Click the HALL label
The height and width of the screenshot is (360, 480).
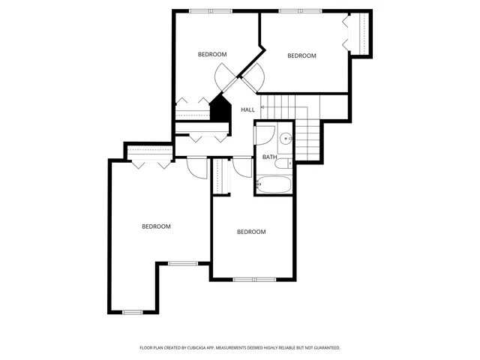tap(247, 110)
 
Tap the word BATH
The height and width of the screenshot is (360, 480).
tap(269, 157)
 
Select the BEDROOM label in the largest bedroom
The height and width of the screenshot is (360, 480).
tap(157, 226)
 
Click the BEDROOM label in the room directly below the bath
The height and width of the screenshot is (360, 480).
tap(251, 232)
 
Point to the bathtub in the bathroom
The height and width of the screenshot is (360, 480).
tap(275, 183)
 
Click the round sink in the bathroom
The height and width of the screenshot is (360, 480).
tap(286, 139)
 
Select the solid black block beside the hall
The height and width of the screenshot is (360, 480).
tap(220, 109)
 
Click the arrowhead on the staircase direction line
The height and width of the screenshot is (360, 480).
tap(262, 109)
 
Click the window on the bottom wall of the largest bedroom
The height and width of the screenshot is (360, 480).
tap(132, 312)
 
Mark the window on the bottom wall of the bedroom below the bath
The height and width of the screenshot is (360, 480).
tap(254, 280)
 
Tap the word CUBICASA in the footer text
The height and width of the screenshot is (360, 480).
tap(198, 348)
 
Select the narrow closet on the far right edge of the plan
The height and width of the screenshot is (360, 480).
tap(363, 34)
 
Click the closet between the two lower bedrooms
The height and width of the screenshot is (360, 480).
tap(220, 177)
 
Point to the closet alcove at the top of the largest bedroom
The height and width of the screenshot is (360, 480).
tap(149, 153)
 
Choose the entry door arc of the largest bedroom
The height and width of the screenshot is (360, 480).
tap(196, 168)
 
